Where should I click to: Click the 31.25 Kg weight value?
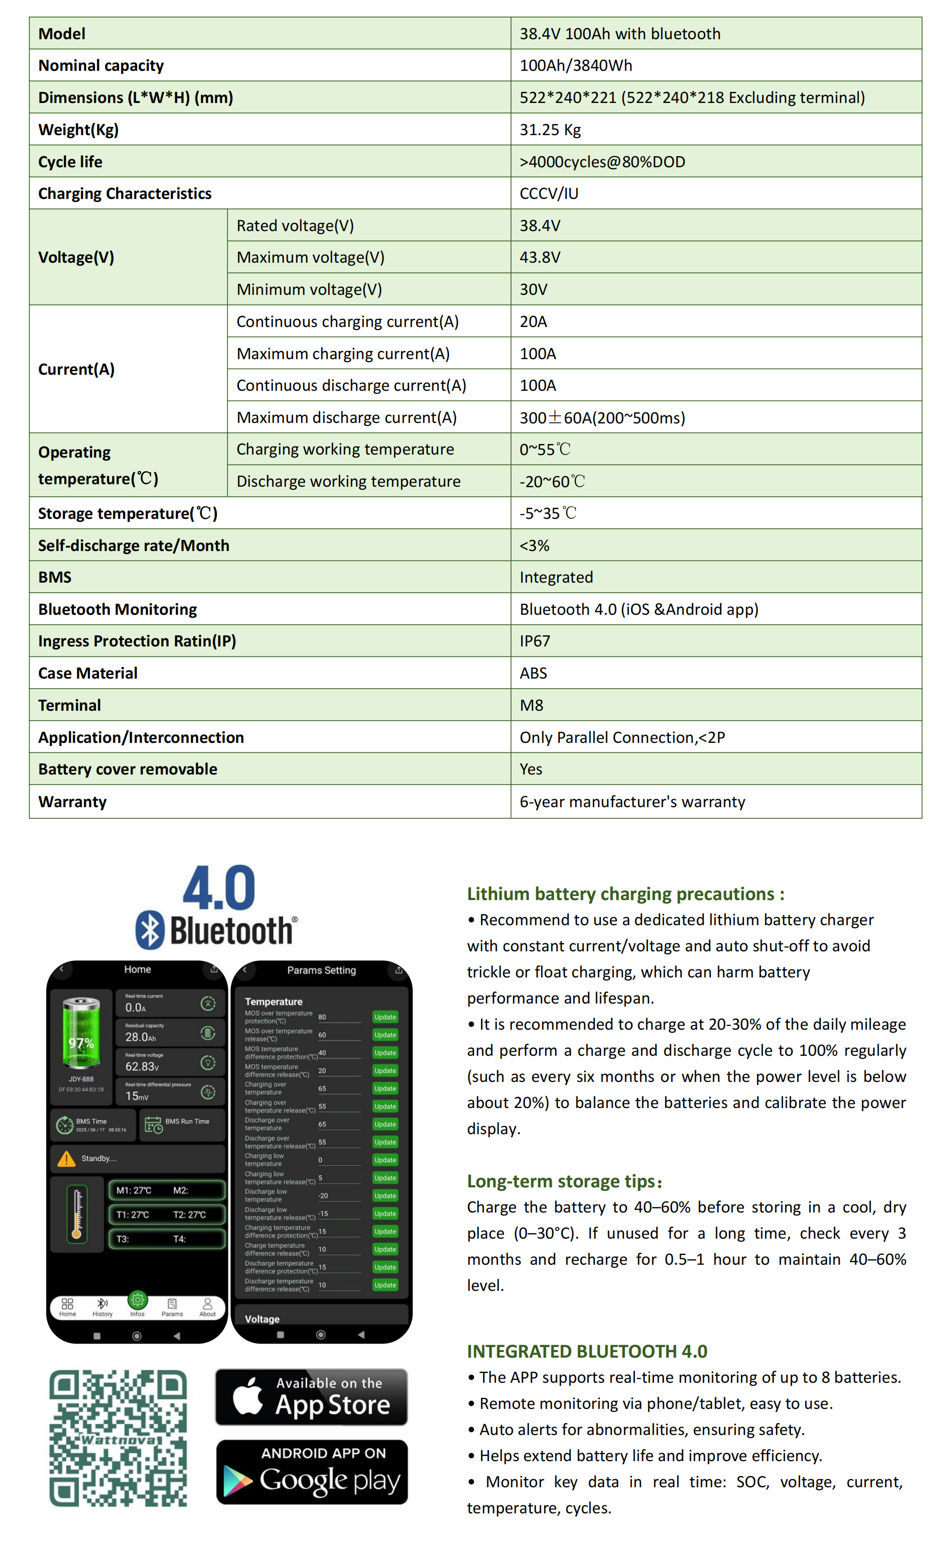click(x=550, y=130)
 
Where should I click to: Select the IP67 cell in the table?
click(x=535, y=641)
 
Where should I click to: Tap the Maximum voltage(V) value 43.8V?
click(x=540, y=258)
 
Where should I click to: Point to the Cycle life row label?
click(x=70, y=162)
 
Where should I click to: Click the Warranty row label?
click(x=72, y=802)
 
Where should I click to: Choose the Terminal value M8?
click(x=531, y=705)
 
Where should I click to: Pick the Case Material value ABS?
click(x=533, y=673)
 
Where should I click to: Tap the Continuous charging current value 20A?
click(x=533, y=322)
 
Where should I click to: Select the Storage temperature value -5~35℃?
click(x=548, y=513)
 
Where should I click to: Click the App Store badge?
click(x=312, y=1397)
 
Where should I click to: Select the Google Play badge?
click(x=312, y=1472)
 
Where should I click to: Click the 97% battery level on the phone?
click(x=81, y=1043)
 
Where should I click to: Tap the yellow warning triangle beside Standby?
click(x=66, y=1159)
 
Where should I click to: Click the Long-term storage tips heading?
click(x=564, y=1181)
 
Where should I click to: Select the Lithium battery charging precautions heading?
click(x=625, y=894)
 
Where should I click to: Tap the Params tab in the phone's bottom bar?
click(x=172, y=1307)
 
